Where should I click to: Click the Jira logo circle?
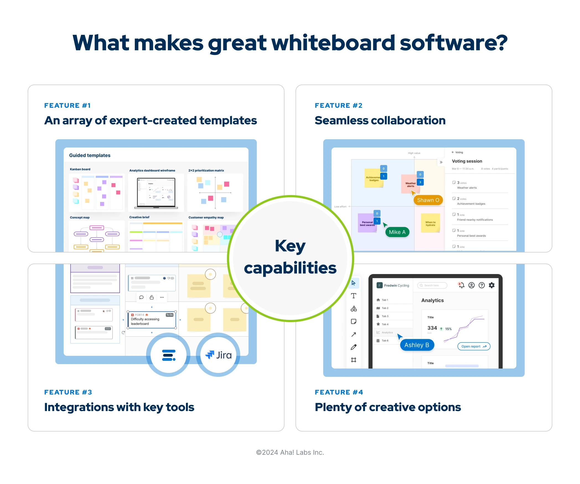(x=218, y=355)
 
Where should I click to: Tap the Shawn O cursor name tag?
(x=428, y=200)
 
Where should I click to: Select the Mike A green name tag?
(x=397, y=232)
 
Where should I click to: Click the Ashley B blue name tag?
(x=417, y=345)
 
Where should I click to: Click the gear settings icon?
(x=491, y=285)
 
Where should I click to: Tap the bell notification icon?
(x=461, y=285)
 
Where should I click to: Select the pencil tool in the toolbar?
(x=354, y=347)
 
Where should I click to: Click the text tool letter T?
(x=354, y=296)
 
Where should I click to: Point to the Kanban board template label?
(x=80, y=169)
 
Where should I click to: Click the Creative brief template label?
(x=139, y=217)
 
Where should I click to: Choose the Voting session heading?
(x=467, y=161)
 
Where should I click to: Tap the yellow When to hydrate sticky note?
(x=430, y=223)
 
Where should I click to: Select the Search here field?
(x=432, y=285)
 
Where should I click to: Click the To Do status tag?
(x=170, y=315)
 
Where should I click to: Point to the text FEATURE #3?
(x=68, y=392)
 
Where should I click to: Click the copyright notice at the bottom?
(x=290, y=452)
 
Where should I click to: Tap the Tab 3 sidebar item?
(x=385, y=316)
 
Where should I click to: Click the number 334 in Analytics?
(x=432, y=328)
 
